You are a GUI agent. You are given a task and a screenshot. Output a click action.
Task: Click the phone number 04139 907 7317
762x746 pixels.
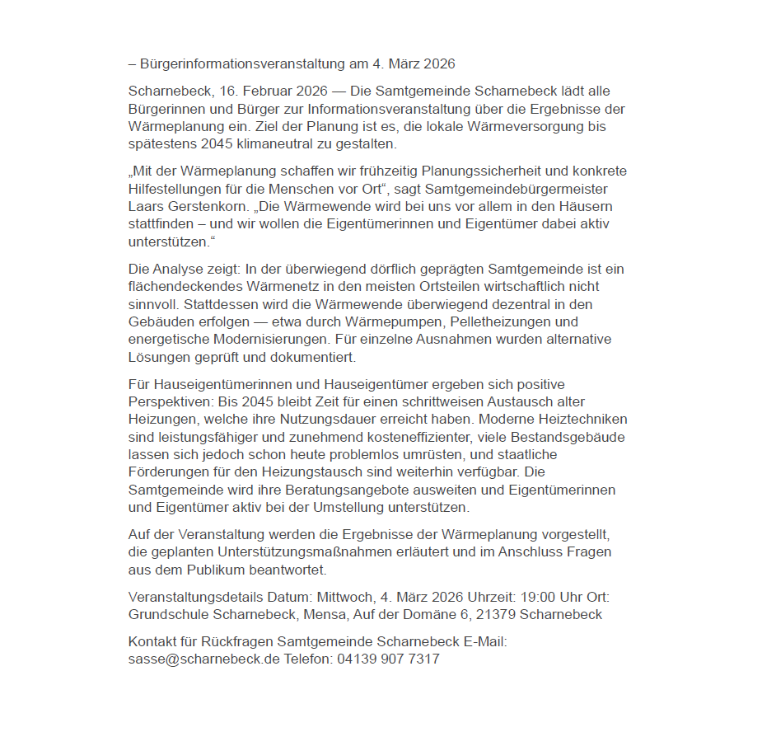[x=388, y=659]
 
